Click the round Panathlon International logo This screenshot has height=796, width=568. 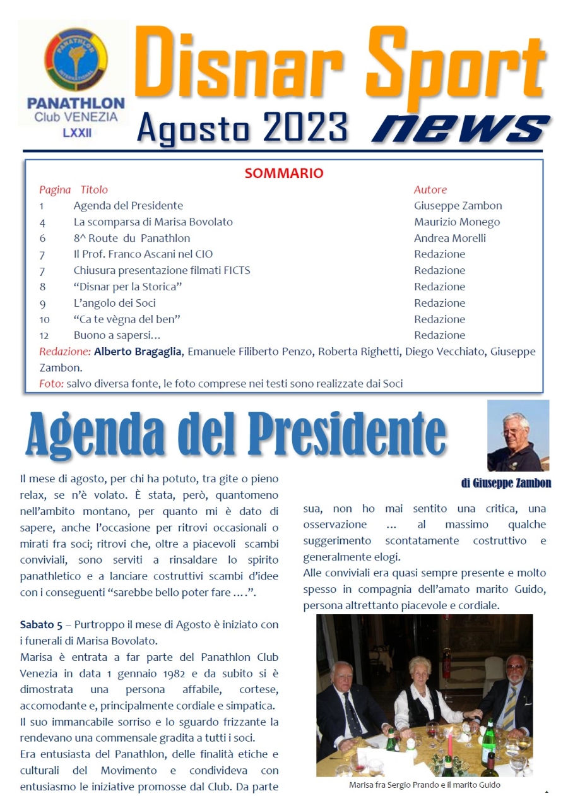76,61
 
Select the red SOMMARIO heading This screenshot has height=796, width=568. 284,173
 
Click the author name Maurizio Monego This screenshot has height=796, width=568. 456,222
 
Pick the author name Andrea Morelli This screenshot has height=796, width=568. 449,238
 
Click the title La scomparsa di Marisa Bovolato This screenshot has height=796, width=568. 153,222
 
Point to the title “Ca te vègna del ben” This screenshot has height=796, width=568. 127,319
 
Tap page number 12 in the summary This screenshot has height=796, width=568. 44,335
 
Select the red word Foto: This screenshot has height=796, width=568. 51,383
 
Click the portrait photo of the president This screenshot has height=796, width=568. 518,436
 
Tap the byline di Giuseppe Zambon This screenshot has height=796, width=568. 506,484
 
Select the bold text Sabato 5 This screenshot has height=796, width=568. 41,625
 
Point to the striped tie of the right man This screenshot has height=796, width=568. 509,710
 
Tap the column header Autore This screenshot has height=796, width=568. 430,189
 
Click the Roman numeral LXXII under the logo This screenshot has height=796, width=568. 76,134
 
